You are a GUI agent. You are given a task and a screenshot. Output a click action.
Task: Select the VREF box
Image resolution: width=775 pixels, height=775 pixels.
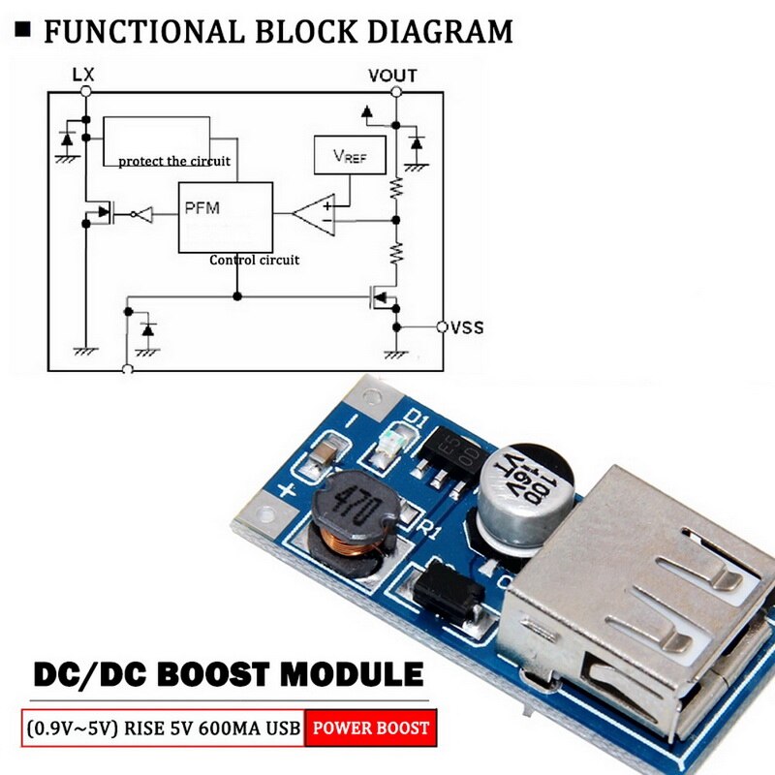tap(350, 156)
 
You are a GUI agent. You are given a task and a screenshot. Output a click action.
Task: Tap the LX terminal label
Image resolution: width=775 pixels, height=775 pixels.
tap(84, 74)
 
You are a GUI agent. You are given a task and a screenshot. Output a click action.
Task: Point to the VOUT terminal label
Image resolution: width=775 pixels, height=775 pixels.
tap(392, 75)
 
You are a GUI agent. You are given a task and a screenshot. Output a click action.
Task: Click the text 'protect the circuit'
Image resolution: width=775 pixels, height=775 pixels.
tap(174, 161)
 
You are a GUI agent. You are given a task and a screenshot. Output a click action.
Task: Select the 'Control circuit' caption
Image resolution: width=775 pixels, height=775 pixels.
tap(255, 260)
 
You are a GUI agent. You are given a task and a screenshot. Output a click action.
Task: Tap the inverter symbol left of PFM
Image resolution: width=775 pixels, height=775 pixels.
tap(144, 212)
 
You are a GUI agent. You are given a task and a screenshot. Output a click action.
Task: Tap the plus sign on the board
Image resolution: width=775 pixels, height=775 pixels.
tap(287, 490)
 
